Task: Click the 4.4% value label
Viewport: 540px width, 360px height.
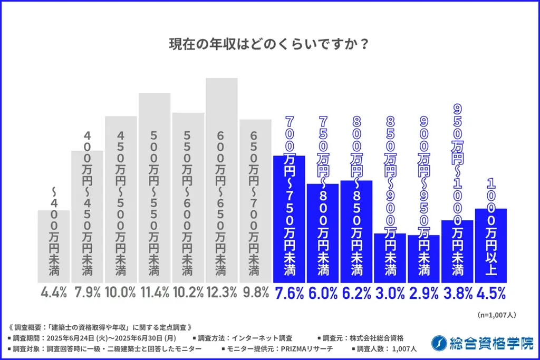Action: (53, 293)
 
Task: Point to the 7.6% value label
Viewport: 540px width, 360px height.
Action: (288, 293)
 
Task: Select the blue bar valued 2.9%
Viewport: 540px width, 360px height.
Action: (423, 258)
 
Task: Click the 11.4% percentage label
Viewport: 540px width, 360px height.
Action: (154, 293)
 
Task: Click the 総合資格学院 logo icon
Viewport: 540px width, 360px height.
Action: (437, 343)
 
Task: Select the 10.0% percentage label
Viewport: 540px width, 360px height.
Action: (120, 293)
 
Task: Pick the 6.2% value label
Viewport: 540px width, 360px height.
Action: (356, 293)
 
